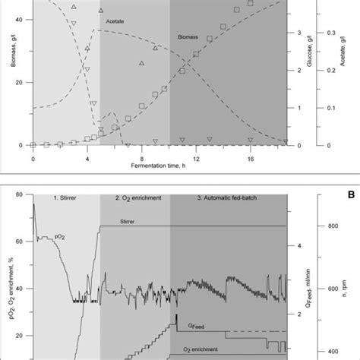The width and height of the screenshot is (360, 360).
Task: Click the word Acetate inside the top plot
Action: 115,23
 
